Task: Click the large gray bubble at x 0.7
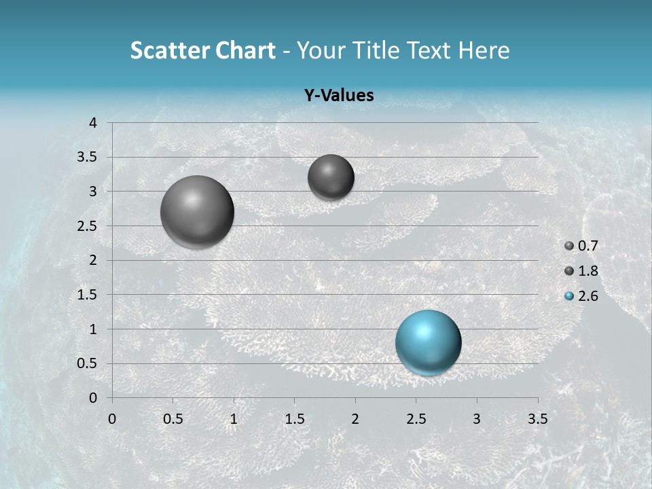click(x=197, y=212)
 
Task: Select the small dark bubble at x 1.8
click(x=331, y=177)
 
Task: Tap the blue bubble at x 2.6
click(x=429, y=342)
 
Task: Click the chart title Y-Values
click(x=339, y=96)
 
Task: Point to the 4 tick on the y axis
click(x=94, y=123)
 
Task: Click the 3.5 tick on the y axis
click(x=88, y=158)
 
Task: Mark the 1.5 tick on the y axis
click(x=88, y=295)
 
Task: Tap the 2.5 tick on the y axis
click(x=88, y=226)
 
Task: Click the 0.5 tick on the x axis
click(x=173, y=418)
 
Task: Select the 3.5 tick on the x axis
click(x=537, y=418)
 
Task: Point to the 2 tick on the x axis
click(x=355, y=418)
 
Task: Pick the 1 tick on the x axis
click(x=234, y=418)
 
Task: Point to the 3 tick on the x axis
click(x=477, y=418)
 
